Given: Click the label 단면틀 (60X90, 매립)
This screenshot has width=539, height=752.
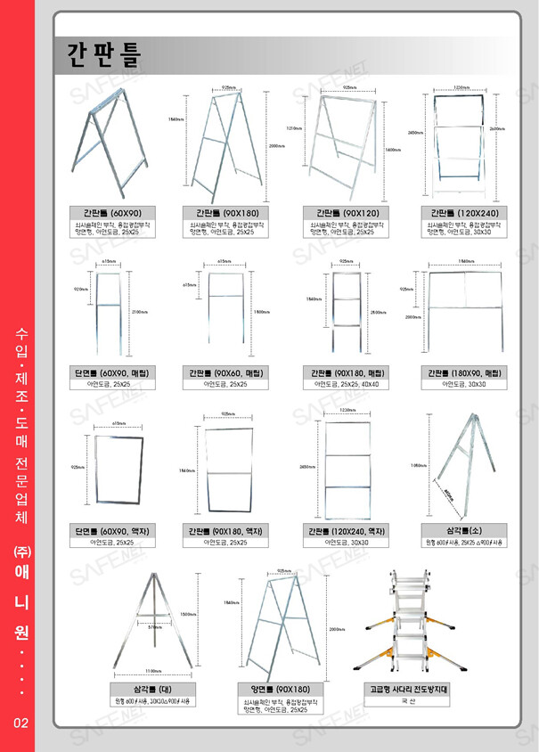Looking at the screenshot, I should (x=112, y=372).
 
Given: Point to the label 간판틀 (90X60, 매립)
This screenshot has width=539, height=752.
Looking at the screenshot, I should (x=227, y=372).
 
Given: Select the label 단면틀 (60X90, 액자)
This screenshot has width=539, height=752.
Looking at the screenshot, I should (x=112, y=530).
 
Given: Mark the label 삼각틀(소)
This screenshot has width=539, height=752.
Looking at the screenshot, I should (x=461, y=530).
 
